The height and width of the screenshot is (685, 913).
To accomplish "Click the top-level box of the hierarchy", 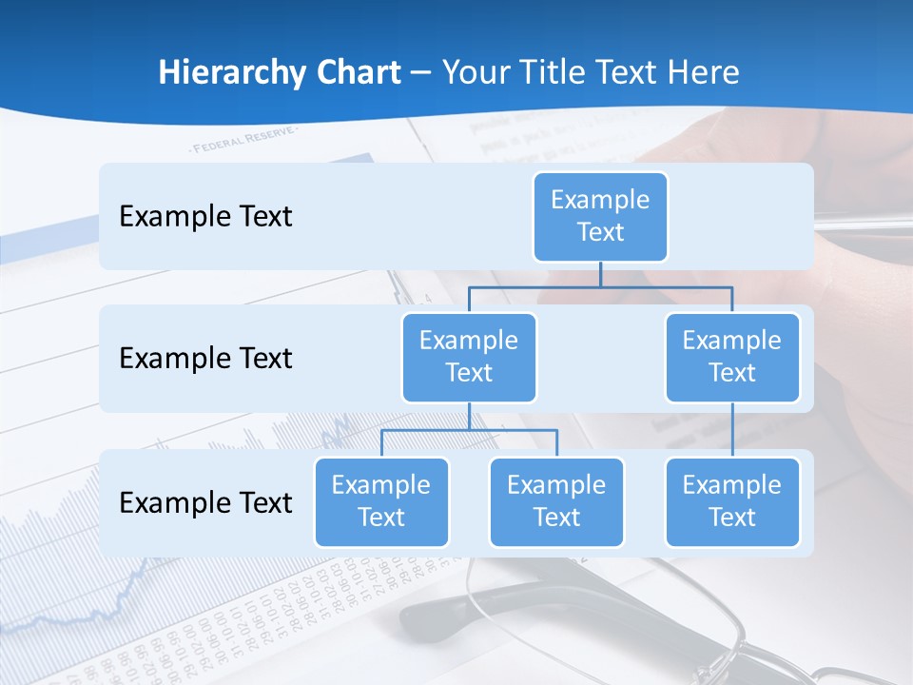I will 600,216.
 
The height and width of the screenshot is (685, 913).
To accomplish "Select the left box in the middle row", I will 469,357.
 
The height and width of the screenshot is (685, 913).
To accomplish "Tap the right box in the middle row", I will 731,357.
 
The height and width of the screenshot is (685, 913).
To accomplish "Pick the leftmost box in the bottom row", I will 381,501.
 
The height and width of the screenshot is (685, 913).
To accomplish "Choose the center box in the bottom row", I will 556,501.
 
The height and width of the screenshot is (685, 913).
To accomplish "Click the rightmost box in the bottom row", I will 731,501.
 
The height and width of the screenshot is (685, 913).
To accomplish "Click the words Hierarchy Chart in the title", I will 280,72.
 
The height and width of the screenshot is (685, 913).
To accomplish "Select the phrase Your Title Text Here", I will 591,72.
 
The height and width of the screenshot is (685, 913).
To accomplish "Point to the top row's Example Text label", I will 205,216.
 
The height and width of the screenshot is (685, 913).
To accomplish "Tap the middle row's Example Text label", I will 205,358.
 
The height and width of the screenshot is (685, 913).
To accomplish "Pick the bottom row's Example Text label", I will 205,502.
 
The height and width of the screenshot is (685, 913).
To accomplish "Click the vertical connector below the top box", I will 600,274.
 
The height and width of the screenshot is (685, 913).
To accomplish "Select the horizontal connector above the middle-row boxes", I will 600,286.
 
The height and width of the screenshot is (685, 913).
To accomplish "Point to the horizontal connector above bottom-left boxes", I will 469,430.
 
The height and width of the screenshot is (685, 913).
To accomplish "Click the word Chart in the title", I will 358,72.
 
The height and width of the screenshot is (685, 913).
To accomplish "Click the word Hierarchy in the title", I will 232,72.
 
